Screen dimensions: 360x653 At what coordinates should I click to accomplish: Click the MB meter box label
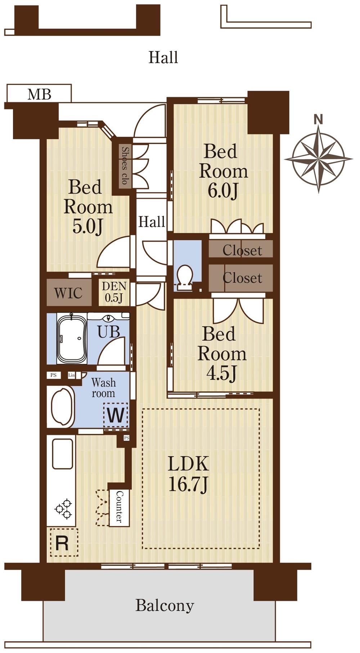pyautogui.click(x=40, y=94)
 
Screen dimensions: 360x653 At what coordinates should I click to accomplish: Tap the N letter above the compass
pyautogui.click(x=318, y=119)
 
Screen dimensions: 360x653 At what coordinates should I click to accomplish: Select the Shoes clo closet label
pyautogui.click(x=125, y=165)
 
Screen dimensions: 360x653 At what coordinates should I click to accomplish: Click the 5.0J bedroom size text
pyautogui.click(x=88, y=226)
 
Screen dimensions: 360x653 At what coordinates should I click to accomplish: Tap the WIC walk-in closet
pyautogui.click(x=68, y=293)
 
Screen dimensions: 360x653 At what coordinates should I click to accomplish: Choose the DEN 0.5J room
pyautogui.click(x=114, y=292)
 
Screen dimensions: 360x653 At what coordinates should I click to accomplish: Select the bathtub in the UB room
pyautogui.click(x=72, y=339)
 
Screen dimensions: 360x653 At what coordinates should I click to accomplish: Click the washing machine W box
pyautogui.click(x=116, y=415)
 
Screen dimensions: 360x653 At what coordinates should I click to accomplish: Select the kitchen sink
pyautogui.click(x=63, y=454)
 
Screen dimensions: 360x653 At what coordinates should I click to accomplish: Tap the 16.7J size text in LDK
pyautogui.click(x=188, y=485)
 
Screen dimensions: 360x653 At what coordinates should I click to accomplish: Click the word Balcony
pyautogui.click(x=165, y=606)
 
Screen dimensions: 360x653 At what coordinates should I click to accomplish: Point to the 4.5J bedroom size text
pyautogui.click(x=221, y=373)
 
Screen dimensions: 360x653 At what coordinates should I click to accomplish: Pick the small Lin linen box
pyautogui.click(x=72, y=375)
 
